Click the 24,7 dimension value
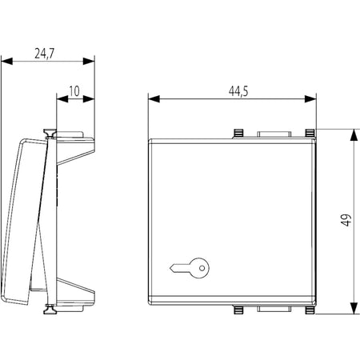click(x=44, y=54)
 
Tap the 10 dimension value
click(x=74, y=91)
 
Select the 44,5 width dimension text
click(x=238, y=91)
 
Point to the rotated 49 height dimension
click(x=346, y=220)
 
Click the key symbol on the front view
click(x=190, y=269)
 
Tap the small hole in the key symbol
click(x=202, y=268)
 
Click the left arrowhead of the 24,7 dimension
click(x=7, y=61)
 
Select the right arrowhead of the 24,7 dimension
click(x=89, y=61)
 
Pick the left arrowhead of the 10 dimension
click(x=62, y=99)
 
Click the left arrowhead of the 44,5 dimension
click(x=154, y=99)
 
